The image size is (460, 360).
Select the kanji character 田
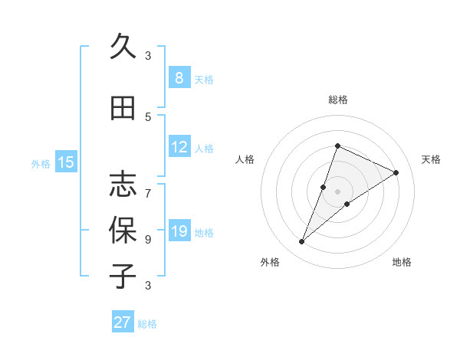tap(123, 109)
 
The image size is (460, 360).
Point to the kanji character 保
tap(123, 230)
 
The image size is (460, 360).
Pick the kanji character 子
tap(123, 276)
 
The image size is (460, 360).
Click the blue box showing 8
tap(179, 78)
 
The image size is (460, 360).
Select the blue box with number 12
tap(179, 147)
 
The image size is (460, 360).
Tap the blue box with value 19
tap(179, 231)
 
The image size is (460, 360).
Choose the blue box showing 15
tap(66, 162)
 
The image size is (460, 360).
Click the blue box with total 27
tap(123, 322)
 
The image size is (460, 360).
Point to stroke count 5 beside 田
tap(148, 116)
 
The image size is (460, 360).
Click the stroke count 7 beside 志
tap(148, 185)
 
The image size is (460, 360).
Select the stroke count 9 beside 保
tap(148, 239)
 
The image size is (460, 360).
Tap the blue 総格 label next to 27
tap(147, 324)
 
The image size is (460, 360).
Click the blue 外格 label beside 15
tap(41, 163)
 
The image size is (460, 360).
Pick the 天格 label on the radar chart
tap(432, 159)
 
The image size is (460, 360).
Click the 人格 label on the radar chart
tap(245, 159)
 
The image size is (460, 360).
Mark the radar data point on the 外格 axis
tap(301, 242)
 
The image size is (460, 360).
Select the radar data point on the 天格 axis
tap(396, 172)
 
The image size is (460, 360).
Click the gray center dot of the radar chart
tap(337, 191)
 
